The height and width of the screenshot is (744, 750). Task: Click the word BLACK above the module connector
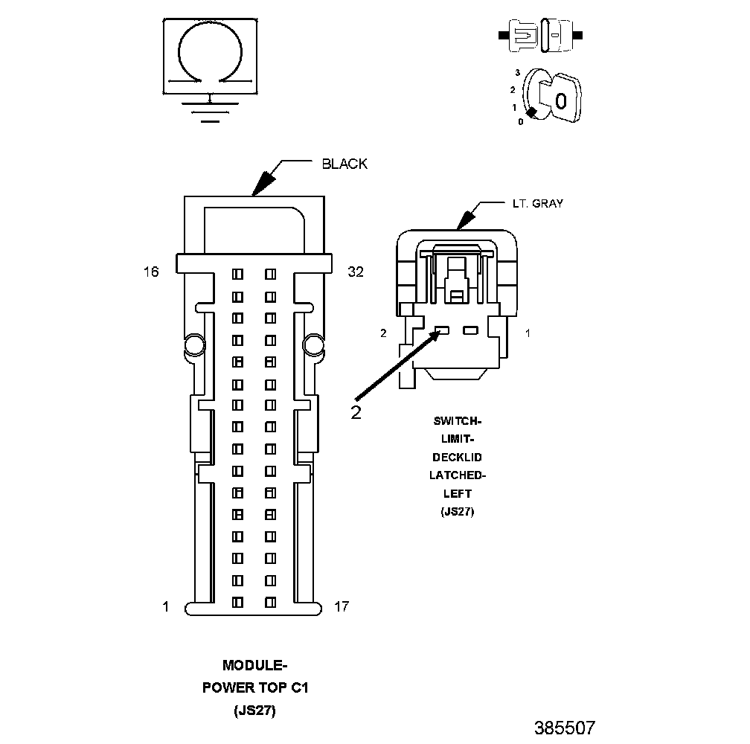[344, 164]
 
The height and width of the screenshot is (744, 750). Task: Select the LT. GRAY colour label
[537, 203]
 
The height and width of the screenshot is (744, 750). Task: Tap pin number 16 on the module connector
[151, 272]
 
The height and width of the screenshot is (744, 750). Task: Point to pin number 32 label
[356, 272]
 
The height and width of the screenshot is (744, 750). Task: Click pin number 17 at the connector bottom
[342, 607]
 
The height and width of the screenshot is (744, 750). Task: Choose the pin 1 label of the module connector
[165, 607]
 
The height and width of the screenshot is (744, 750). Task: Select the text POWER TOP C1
[255, 688]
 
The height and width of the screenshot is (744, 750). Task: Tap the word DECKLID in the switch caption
[452, 457]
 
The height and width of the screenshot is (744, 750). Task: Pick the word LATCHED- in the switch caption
[452, 475]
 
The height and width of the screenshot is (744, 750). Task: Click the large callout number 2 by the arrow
[356, 412]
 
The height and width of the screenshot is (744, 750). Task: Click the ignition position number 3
[516, 73]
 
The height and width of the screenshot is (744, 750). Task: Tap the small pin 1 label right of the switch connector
[528, 333]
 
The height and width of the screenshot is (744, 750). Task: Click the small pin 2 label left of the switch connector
[384, 333]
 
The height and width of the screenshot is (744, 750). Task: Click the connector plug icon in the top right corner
[540, 35]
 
